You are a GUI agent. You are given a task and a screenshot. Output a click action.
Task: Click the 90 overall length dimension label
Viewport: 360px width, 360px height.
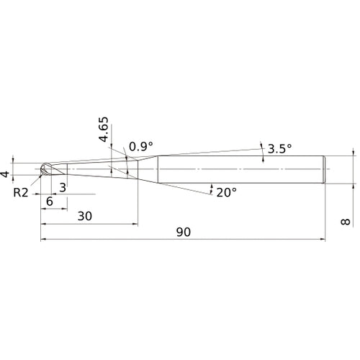[x=184, y=232]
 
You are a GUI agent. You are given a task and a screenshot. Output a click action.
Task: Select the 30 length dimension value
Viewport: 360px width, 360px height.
[x=85, y=216]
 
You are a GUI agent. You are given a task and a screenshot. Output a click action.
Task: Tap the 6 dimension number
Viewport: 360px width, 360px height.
[x=50, y=202]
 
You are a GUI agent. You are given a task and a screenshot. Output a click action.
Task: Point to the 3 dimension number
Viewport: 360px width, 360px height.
[x=63, y=188]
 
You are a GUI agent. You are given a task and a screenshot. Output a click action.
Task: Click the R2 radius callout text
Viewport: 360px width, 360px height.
[x=21, y=192]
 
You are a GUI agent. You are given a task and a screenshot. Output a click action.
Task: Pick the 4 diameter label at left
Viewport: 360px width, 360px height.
[x=5, y=174]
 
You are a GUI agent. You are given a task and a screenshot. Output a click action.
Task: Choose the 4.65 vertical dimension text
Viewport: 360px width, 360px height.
[x=104, y=130]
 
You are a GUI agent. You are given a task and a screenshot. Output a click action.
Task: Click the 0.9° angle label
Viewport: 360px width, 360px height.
[x=141, y=147]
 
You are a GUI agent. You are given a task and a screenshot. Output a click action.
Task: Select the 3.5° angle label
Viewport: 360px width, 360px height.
[x=279, y=149]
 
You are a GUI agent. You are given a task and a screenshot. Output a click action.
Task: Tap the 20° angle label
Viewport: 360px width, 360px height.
[x=227, y=192]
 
